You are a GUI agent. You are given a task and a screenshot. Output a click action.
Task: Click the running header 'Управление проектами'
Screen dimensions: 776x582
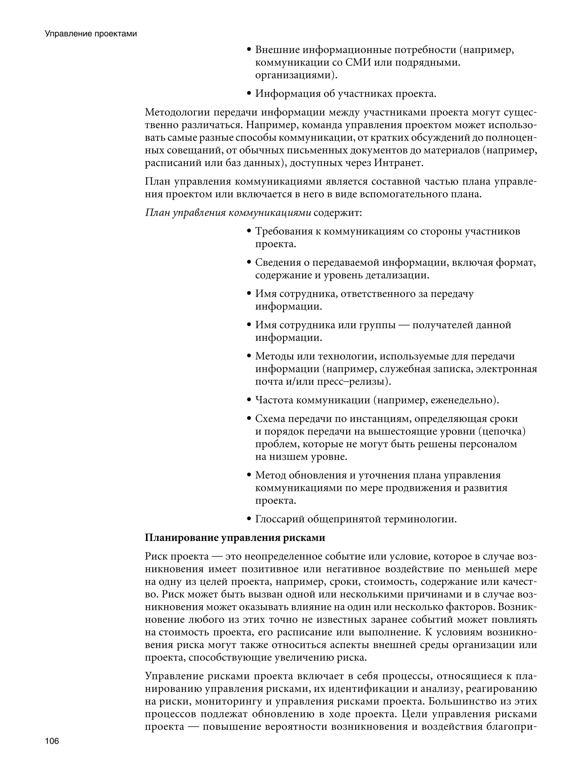(x=91, y=34)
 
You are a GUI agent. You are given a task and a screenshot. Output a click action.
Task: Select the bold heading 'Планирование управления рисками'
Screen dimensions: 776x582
(x=235, y=538)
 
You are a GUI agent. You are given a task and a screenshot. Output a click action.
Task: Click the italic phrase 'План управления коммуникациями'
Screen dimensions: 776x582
(x=228, y=213)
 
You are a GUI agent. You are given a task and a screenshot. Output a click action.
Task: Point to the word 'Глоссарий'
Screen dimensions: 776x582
(x=279, y=519)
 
